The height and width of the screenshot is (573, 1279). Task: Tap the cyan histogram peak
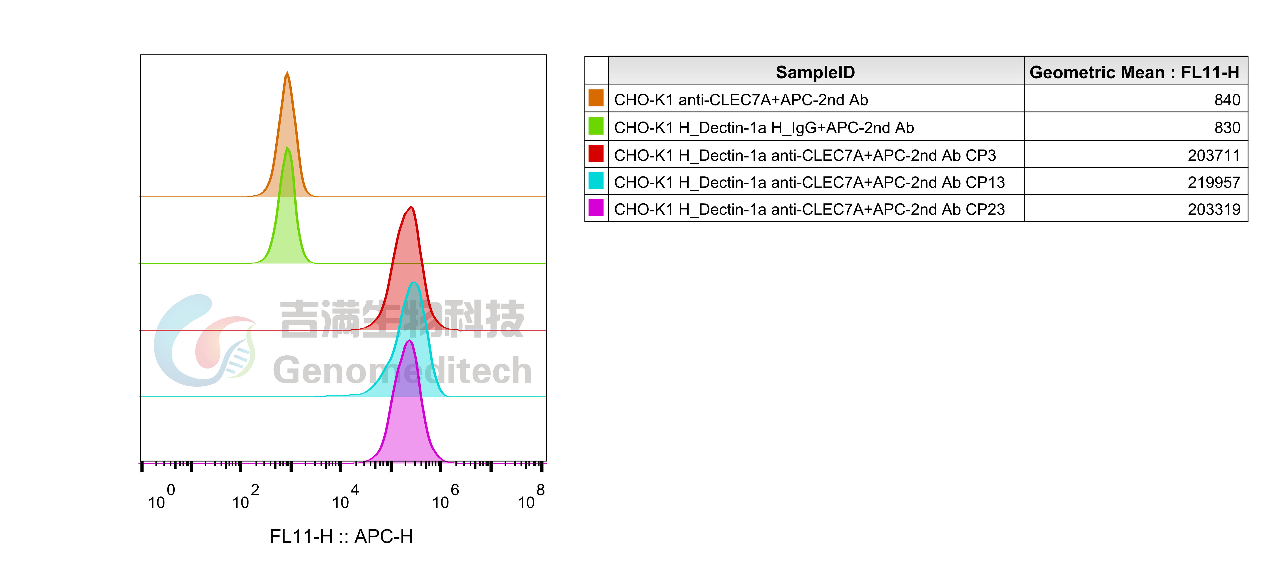414,318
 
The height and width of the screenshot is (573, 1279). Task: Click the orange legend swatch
596,98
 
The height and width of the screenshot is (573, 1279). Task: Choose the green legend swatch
596,126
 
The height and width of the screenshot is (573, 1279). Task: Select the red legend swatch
596,154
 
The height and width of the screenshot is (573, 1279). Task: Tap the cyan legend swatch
596,180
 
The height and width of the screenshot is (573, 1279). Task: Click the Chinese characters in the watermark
402,319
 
